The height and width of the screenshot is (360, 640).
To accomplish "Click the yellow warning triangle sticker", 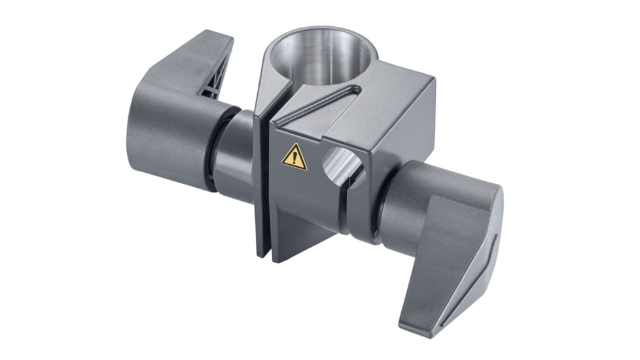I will [294, 157].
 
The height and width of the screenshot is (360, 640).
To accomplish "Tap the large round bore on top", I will [321, 56].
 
